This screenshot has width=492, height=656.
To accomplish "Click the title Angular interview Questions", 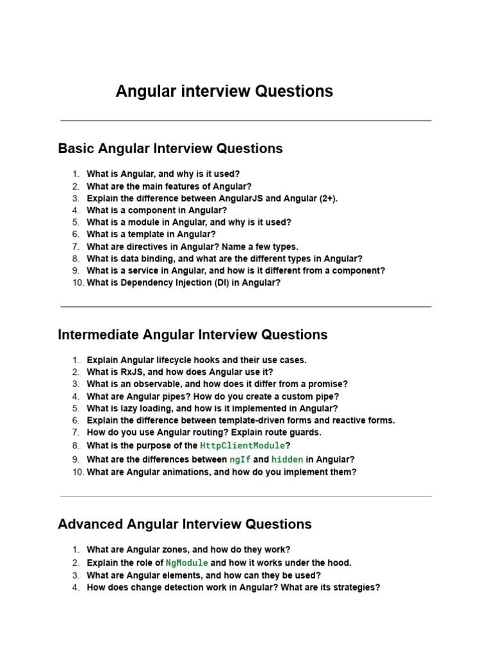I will [224, 92].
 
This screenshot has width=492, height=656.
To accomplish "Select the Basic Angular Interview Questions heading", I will [170, 149].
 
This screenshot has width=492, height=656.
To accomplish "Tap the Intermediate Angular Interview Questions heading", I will [192, 335].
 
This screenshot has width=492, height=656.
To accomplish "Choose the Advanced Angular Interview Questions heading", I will [184, 525].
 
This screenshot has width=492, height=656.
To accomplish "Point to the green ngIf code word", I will [240, 459].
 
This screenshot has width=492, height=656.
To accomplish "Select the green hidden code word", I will [287, 459].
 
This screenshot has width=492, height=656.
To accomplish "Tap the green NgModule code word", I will [187, 563].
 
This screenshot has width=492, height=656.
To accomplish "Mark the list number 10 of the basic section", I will [78, 283].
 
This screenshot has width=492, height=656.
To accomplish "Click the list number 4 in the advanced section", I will [76, 587].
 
